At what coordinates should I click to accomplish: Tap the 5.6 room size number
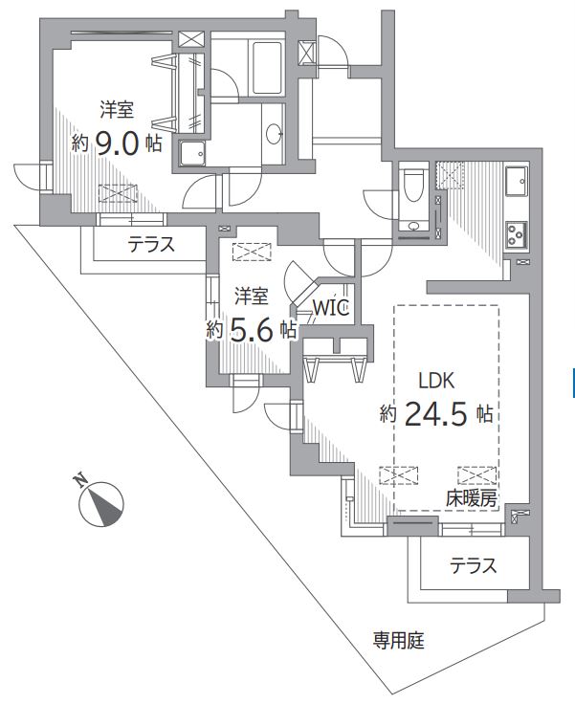point(251,330)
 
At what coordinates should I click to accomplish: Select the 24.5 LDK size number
point(436,413)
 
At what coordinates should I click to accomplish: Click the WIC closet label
point(331,308)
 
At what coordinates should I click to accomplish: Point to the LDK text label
point(436,381)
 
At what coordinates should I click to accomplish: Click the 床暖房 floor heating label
point(472,498)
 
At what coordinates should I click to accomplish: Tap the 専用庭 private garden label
point(398,640)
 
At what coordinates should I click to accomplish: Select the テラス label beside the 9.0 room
point(151,245)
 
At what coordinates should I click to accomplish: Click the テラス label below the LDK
point(474,565)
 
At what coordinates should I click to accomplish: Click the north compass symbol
point(101,504)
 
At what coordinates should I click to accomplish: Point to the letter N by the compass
point(80,481)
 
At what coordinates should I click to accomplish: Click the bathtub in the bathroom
point(268,68)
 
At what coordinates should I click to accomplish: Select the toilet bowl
point(412,184)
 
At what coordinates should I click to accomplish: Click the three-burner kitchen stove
point(516,234)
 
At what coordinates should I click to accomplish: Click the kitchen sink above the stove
point(516,182)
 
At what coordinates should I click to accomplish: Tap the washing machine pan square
point(192,153)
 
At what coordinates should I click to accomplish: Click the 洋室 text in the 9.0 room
point(117,110)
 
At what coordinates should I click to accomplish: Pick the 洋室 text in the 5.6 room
point(252,297)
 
